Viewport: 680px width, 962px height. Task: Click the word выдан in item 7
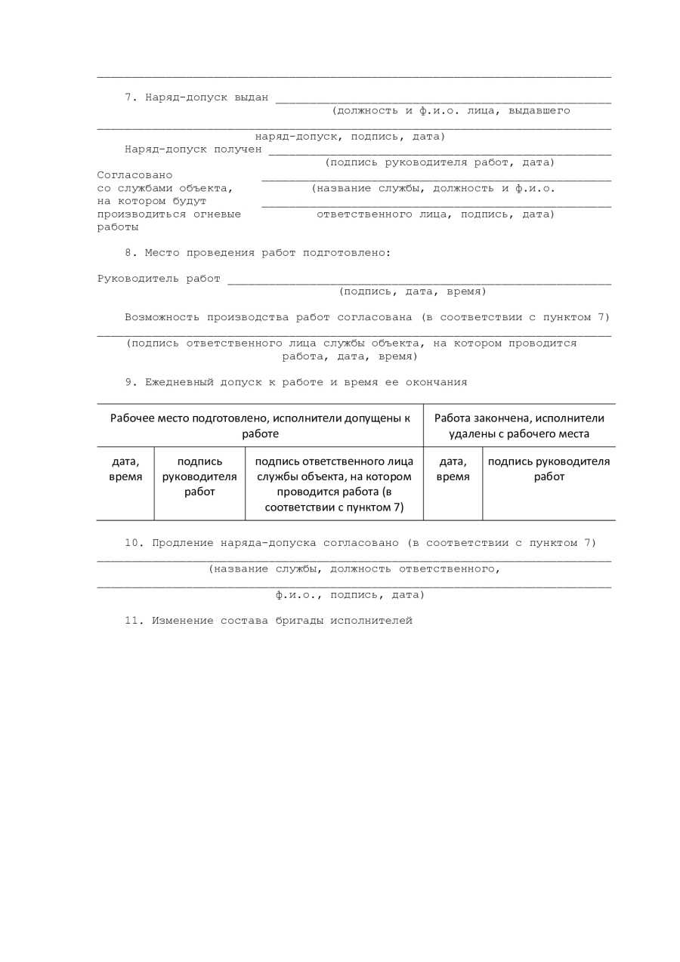point(252,97)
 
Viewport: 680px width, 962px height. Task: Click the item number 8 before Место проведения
point(128,253)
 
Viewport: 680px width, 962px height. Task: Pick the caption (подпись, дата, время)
point(413,291)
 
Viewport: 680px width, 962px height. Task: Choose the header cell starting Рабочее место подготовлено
point(260,426)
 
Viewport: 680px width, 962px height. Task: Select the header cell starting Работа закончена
point(519,426)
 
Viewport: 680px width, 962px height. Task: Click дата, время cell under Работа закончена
point(453,469)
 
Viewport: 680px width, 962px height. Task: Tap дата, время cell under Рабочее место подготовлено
point(125,469)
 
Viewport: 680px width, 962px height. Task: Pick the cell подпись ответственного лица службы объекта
point(334,484)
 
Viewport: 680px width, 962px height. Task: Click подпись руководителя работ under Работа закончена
point(549,469)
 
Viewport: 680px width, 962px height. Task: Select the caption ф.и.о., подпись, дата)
point(350,595)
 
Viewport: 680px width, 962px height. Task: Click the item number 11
point(134,621)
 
